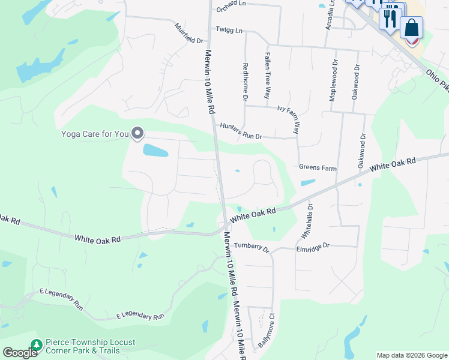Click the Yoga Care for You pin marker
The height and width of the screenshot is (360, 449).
(x=137, y=133)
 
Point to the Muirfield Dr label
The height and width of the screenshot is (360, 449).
(x=189, y=34)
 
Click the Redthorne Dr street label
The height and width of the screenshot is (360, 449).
(x=245, y=81)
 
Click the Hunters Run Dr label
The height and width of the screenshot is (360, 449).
(x=241, y=131)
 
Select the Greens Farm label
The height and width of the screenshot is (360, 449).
(x=318, y=168)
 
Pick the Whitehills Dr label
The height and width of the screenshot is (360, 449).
(x=310, y=220)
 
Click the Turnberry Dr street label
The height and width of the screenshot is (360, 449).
(x=252, y=247)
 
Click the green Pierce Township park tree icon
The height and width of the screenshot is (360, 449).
(x=37, y=345)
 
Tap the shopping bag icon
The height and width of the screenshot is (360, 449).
(x=411, y=28)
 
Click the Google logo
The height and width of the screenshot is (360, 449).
(x=20, y=353)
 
